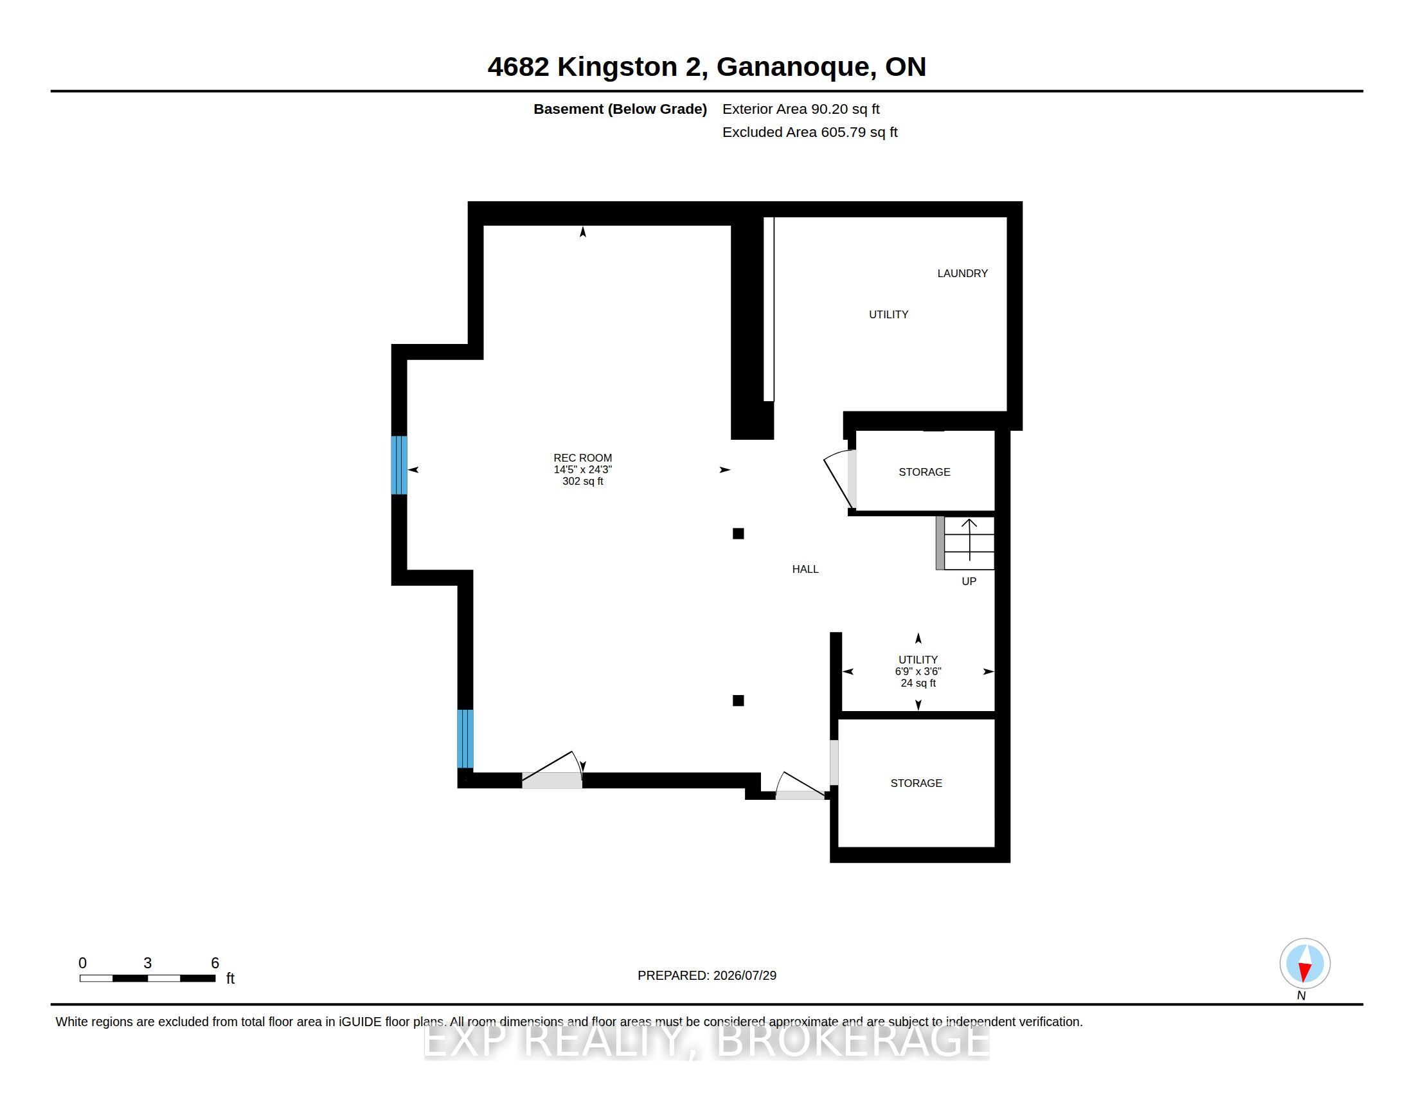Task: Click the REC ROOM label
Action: pyautogui.click(x=582, y=458)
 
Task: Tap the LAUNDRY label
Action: pyautogui.click(x=962, y=273)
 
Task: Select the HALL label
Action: pyautogui.click(x=805, y=569)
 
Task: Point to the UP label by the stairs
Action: pyautogui.click(x=969, y=581)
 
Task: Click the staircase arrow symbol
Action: pyautogui.click(x=969, y=539)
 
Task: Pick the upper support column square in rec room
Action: pyautogui.click(x=738, y=534)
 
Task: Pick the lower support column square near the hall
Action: pyautogui.click(x=738, y=701)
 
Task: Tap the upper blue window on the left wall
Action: pyautogui.click(x=399, y=465)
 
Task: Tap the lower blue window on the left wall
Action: pyautogui.click(x=465, y=739)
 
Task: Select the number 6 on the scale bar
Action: pyautogui.click(x=215, y=963)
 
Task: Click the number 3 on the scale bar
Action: pyautogui.click(x=148, y=963)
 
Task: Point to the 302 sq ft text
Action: pyautogui.click(x=583, y=481)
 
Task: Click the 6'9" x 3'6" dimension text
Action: pyautogui.click(x=918, y=671)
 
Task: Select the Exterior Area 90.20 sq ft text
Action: pyautogui.click(x=801, y=109)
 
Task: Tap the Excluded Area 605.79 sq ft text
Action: pyautogui.click(x=810, y=132)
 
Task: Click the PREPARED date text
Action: pyautogui.click(x=707, y=975)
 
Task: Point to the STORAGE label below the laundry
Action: pyautogui.click(x=924, y=472)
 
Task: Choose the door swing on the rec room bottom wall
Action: pyautogui.click(x=553, y=769)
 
